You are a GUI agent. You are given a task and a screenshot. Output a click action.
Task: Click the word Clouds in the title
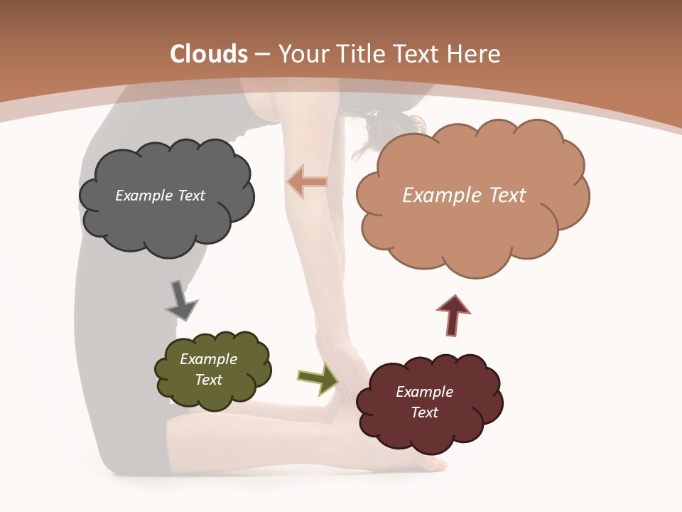[209, 54]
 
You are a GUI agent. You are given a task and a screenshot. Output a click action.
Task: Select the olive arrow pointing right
[318, 378]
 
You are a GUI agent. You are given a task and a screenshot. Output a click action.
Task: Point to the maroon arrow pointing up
[453, 315]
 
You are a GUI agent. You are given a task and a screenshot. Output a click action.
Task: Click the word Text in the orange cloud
[503, 196]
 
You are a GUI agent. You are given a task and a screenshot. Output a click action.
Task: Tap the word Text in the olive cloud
[209, 380]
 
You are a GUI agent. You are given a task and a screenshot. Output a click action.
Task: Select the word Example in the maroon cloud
[424, 392]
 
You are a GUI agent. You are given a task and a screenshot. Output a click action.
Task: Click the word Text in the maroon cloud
[424, 412]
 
